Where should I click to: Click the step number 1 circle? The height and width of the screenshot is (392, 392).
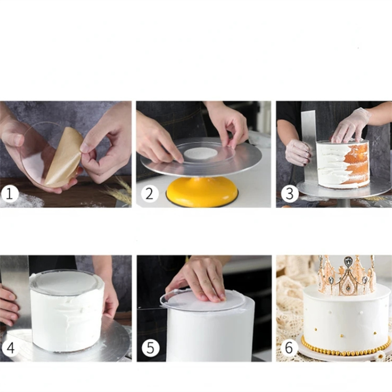tap(9, 194)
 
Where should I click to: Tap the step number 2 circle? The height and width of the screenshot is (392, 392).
tap(150, 194)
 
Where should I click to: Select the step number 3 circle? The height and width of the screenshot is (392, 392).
tap(290, 194)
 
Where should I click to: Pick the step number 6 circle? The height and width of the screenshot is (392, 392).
tap(289, 348)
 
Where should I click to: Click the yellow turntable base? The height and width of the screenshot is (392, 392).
tap(202, 191)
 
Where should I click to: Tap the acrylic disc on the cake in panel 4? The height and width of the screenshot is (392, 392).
tap(64, 283)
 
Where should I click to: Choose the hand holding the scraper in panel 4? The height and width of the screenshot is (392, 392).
tap(9, 306)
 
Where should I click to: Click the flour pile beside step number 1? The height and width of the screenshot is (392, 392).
tap(25, 200)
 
